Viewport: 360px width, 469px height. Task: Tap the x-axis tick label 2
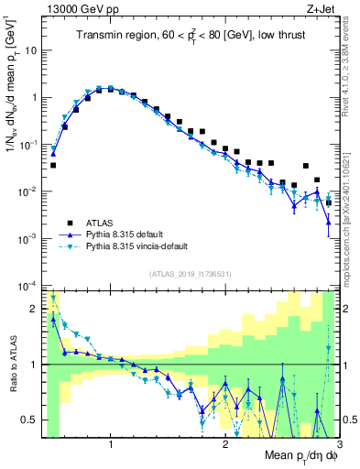coord(226,444)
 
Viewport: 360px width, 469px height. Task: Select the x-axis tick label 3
coord(338,444)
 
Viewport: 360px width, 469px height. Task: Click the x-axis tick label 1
coord(111,444)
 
